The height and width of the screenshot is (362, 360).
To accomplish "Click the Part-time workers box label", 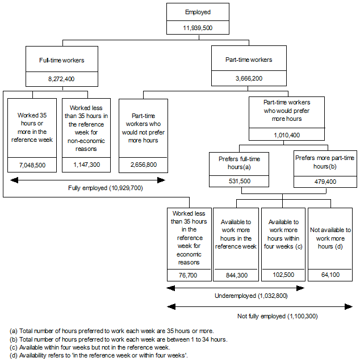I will [249, 60].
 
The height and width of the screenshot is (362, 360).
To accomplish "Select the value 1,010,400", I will [286, 136].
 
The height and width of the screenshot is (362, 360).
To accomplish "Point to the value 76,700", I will [184, 275].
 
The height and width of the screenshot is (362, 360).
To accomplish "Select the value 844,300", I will [236, 275].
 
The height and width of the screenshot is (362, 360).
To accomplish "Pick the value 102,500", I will [283, 275].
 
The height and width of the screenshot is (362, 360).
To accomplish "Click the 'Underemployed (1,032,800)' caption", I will [243, 296].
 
